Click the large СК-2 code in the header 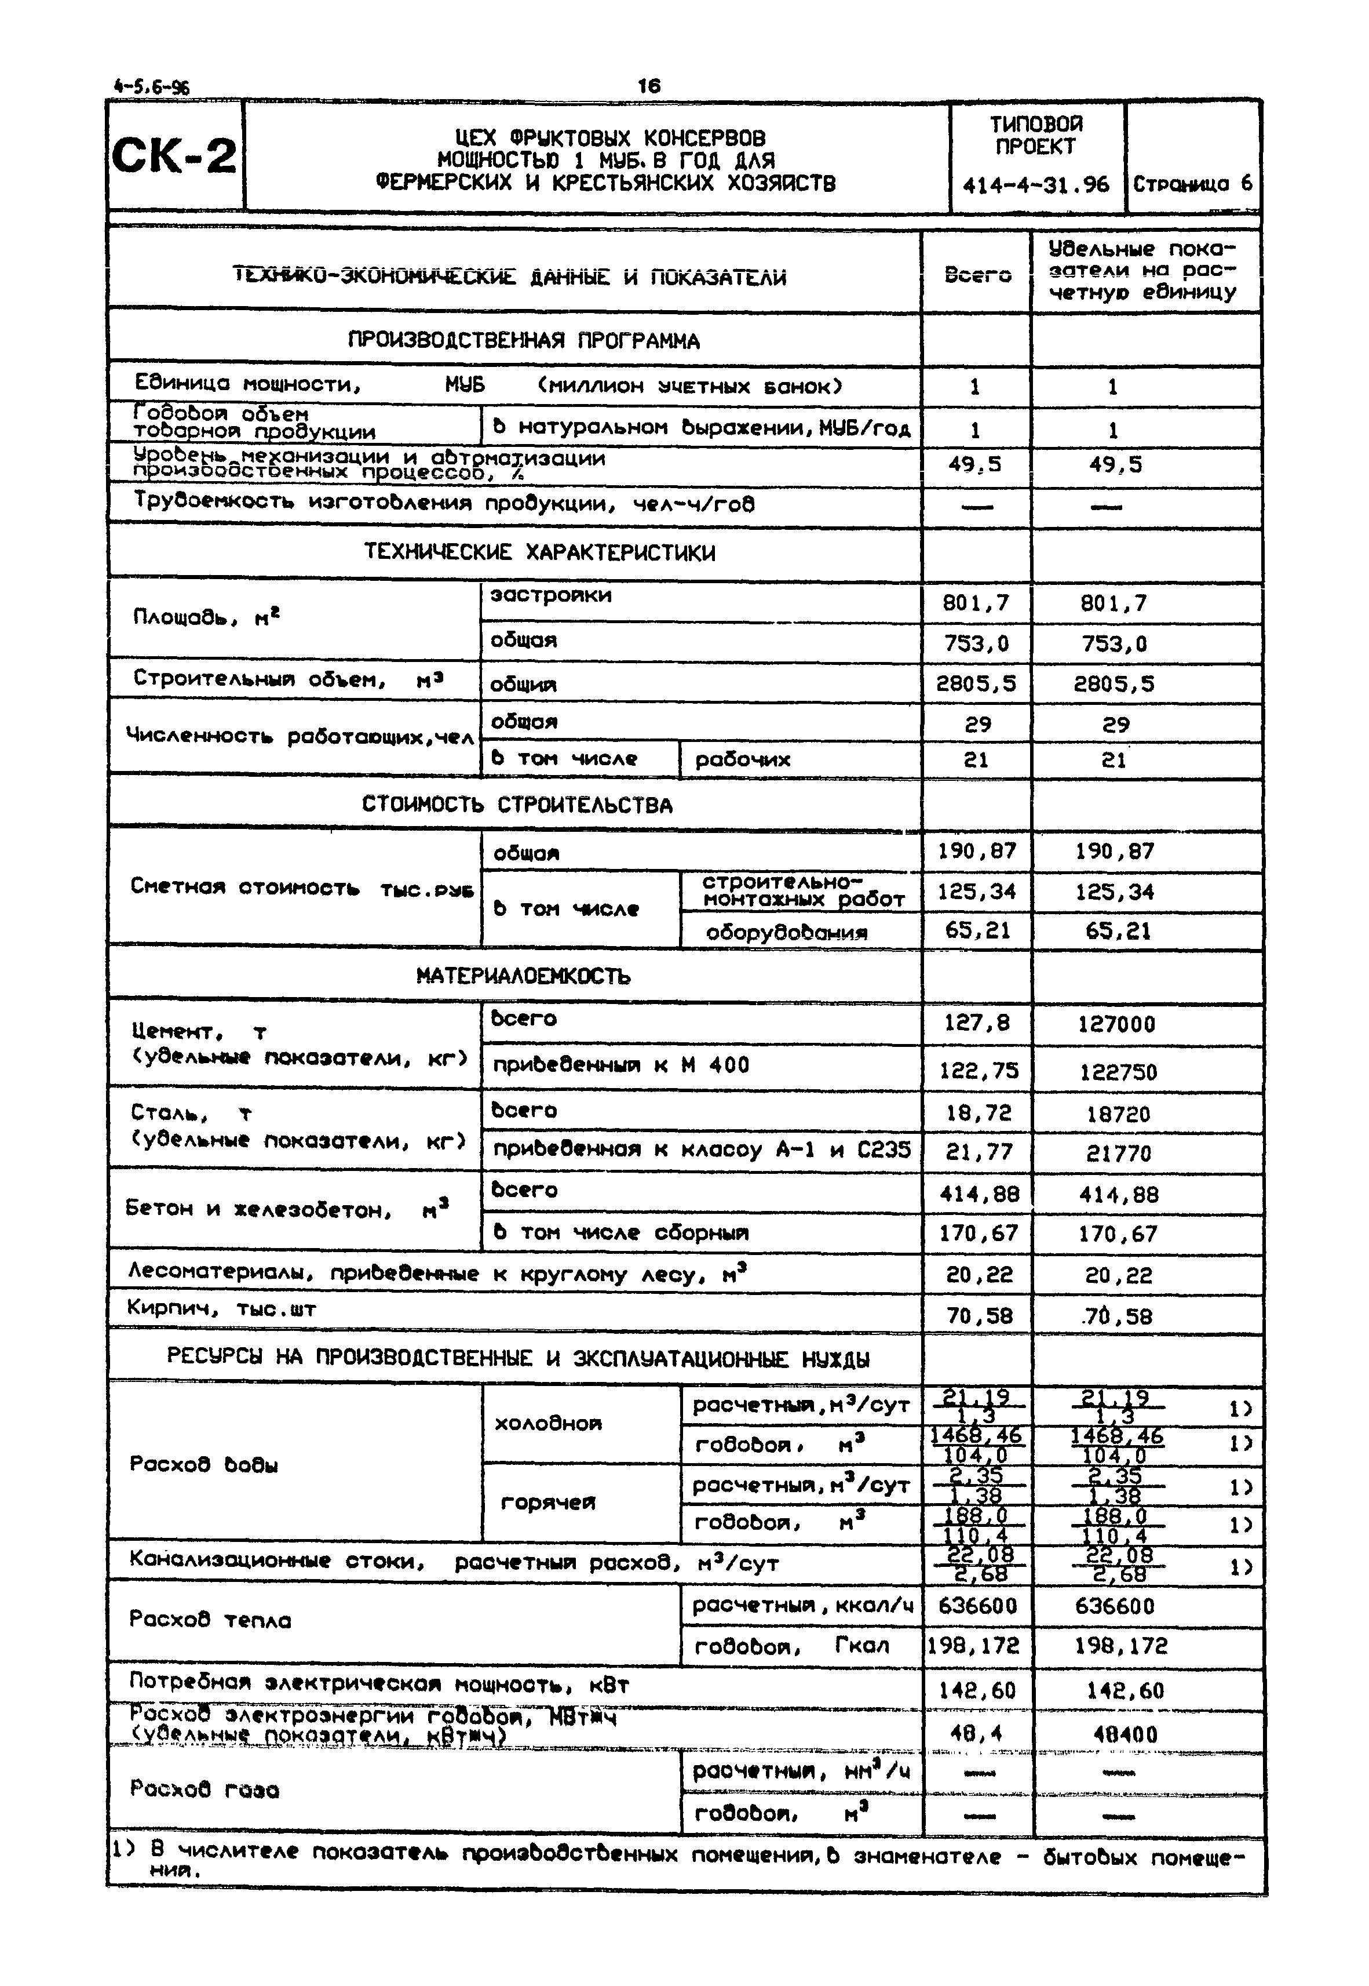tap(174, 156)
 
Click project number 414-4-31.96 tap(1035, 184)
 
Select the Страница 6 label tap(1192, 184)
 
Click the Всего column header tap(977, 275)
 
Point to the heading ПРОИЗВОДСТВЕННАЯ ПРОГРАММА tap(523, 341)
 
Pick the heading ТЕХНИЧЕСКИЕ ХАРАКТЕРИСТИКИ tap(539, 552)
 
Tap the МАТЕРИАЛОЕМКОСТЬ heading tap(523, 976)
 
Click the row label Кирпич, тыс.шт tap(221, 1309)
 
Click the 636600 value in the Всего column tap(977, 1605)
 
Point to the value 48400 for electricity tap(1125, 1734)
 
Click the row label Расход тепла tap(210, 1620)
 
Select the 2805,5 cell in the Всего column tap(976, 683)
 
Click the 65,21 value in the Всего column tap(977, 930)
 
